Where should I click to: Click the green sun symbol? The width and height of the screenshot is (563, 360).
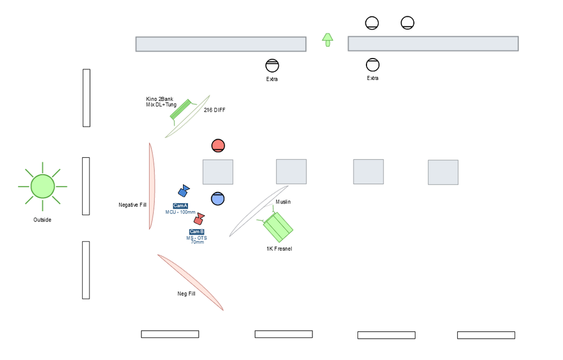point(42,186)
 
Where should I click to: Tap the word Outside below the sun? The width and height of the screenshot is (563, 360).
point(42,220)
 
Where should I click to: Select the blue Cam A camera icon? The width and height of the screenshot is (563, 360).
point(184,191)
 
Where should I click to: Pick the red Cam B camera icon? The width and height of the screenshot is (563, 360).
point(199,219)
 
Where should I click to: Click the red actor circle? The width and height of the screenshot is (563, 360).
point(218,146)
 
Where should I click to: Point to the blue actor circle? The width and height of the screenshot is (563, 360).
point(217,199)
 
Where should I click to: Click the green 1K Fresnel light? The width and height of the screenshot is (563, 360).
point(277,226)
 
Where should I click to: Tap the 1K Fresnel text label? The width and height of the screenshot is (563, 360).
point(279,248)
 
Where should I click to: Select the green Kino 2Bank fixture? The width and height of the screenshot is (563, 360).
point(182,110)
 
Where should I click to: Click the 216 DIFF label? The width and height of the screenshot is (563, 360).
point(215,110)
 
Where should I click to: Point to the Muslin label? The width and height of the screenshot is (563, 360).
point(283,202)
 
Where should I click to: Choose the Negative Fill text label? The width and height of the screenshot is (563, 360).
point(132,205)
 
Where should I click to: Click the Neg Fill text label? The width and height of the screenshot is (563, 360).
point(186,294)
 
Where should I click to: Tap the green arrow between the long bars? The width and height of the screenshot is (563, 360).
point(328,40)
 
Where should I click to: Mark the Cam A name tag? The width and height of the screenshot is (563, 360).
point(180,206)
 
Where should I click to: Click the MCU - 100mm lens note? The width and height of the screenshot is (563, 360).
point(180,212)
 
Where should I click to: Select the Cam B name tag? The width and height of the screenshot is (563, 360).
point(196,232)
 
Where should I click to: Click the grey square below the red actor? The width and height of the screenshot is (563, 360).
point(218,172)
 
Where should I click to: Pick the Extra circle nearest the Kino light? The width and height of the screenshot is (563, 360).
point(272,66)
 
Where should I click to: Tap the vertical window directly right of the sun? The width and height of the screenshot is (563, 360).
point(86,186)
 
